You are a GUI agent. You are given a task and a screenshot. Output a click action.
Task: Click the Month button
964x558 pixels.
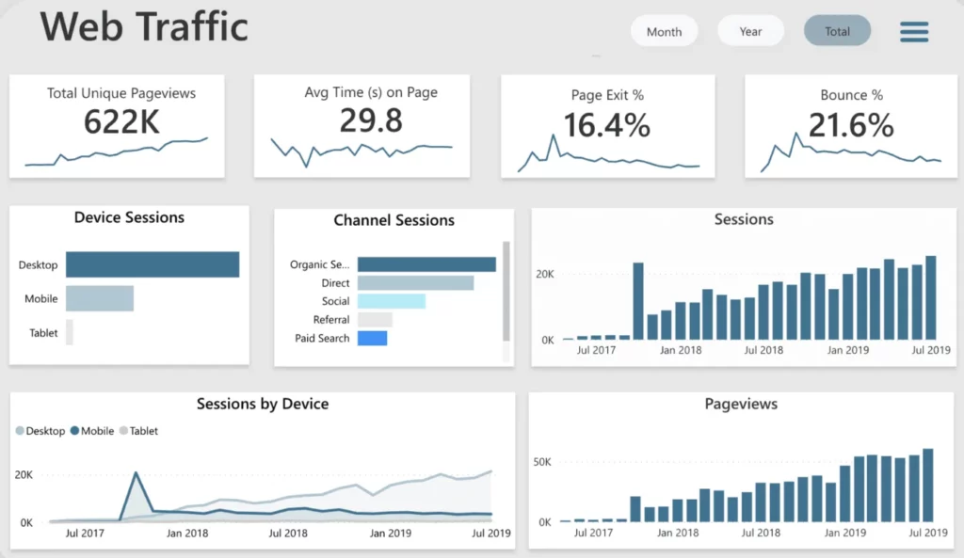tap(664, 31)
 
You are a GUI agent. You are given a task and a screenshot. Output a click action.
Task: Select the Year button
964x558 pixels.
tap(750, 31)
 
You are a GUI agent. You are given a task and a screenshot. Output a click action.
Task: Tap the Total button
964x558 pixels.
tap(837, 31)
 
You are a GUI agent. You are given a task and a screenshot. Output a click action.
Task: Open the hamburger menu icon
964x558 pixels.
tap(914, 32)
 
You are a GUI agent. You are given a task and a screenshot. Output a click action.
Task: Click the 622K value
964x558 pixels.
tap(121, 121)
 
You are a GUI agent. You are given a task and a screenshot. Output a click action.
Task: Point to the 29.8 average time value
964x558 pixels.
tap(371, 120)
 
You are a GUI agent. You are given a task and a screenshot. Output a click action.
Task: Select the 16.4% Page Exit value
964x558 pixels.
tap(607, 125)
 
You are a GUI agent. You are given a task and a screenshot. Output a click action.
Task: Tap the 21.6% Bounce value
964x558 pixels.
tap(851, 125)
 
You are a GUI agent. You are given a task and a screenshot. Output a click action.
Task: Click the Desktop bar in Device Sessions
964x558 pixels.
tap(153, 264)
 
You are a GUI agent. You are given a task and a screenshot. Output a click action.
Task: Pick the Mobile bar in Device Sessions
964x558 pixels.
tap(100, 298)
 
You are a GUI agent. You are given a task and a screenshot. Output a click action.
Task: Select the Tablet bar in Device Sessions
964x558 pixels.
tap(70, 332)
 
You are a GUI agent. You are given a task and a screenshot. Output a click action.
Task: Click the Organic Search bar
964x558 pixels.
tap(426, 264)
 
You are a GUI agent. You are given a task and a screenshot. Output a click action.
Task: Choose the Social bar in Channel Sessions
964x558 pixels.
tap(392, 301)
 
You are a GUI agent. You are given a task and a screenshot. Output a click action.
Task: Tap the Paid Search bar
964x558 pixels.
tap(373, 338)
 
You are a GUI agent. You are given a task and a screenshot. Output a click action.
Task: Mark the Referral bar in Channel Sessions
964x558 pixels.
tap(375, 320)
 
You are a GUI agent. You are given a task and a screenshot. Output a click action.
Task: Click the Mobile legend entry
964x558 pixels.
tap(92, 431)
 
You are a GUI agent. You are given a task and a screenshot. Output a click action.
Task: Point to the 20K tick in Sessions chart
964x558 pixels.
tap(545, 274)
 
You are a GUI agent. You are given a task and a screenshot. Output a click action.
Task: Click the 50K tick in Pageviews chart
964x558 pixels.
tap(542, 461)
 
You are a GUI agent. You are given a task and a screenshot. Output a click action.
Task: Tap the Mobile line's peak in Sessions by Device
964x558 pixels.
tap(136, 472)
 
